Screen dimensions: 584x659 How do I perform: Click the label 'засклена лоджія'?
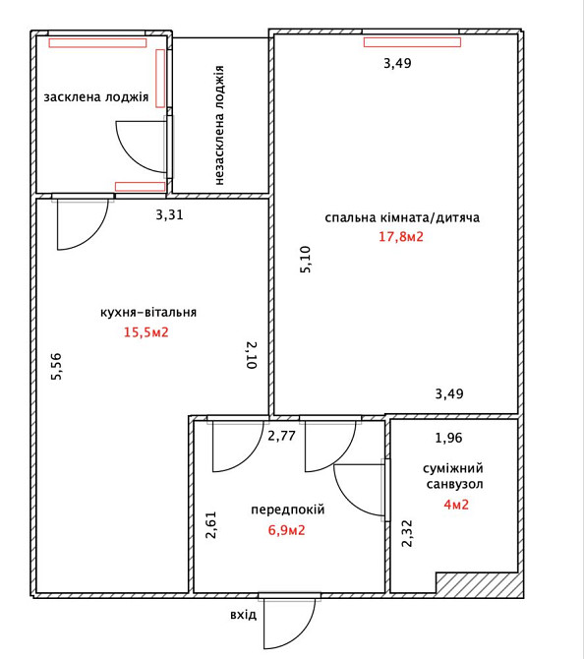pyautogui.click(x=96, y=97)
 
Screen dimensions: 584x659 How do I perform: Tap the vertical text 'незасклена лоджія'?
pyautogui.click(x=219, y=125)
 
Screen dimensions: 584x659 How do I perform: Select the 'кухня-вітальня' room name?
pyautogui.click(x=148, y=313)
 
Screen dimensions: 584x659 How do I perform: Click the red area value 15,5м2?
pyautogui.click(x=146, y=332)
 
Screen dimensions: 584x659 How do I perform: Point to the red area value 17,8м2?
pyautogui.click(x=401, y=237)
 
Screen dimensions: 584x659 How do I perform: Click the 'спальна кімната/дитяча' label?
pyautogui.click(x=402, y=217)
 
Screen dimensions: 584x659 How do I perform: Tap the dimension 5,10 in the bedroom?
pyautogui.click(x=306, y=260)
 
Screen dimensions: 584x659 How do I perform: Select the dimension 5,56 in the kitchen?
pyautogui.click(x=56, y=367)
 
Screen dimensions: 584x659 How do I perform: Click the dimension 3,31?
pyautogui.click(x=170, y=214)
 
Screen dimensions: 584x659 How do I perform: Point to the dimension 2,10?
pyautogui.click(x=252, y=355)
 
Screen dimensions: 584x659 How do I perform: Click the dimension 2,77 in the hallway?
pyautogui.click(x=281, y=436)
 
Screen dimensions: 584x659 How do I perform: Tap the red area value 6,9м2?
pyautogui.click(x=286, y=530)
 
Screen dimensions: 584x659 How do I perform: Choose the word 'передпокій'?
pyautogui.click(x=288, y=509)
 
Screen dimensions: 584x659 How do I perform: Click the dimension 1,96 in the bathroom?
pyautogui.click(x=448, y=438)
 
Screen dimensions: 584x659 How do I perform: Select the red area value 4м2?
pyautogui.click(x=456, y=505)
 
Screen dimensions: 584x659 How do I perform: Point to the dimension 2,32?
pyautogui.click(x=407, y=533)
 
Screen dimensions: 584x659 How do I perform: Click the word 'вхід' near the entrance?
pyautogui.click(x=243, y=615)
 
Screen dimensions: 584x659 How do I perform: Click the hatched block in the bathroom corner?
pyautogui.click(x=479, y=583)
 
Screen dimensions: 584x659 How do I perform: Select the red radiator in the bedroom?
pyautogui.click(x=412, y=42)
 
